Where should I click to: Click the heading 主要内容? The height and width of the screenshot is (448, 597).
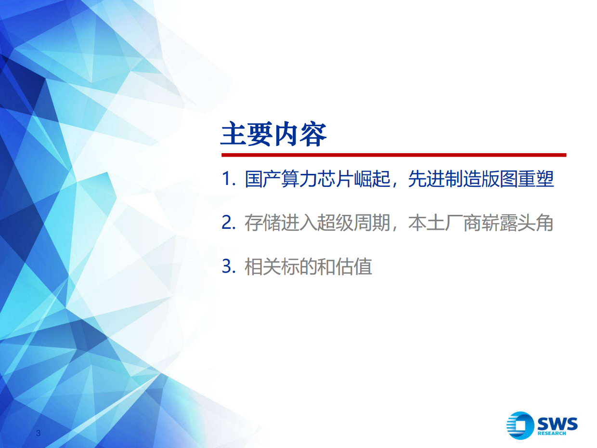click(x=273, y=135)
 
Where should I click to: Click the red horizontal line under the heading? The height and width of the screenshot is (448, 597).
click(x=393, y=155)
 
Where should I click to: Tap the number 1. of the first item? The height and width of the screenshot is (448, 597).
click(x=229, y=179)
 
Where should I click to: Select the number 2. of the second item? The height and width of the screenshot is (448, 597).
click(x=229, y=223)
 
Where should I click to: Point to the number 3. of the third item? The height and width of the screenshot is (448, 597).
click(x=229, y=267)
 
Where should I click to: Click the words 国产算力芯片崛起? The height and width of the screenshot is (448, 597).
click(x=317, y=179)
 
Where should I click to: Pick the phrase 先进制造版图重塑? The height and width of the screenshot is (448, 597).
click(x=481, y=179)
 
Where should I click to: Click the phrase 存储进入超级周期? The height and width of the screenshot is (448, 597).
click(x=317, y=223)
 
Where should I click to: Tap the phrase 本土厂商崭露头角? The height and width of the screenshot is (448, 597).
click(x=481, y=223)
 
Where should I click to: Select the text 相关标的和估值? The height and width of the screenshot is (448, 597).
click(x=308, y=267)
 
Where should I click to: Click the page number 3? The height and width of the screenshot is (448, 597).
click(x=39, y=433)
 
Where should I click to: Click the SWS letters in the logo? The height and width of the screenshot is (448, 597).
click(x=557, y=424)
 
